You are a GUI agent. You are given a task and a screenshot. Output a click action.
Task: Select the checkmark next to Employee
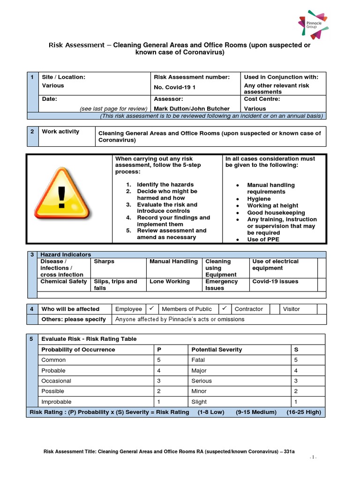[151, 308]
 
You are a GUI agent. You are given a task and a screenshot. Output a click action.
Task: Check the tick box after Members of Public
[224, 308]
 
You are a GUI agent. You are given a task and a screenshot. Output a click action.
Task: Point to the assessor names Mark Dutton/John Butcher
[192, 109]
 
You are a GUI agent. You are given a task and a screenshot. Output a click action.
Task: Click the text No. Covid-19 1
[175, 87]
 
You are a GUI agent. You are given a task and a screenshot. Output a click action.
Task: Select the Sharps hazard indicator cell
[104, 262]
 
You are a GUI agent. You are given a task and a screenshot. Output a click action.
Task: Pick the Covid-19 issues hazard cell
[275, 282]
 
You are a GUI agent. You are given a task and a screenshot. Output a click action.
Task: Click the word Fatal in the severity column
[198, 360]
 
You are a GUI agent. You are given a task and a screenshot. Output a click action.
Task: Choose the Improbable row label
[57, 402]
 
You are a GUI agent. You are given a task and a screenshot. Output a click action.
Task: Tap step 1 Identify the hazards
[165, 185]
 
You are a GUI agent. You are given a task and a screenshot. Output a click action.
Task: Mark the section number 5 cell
[32, 339]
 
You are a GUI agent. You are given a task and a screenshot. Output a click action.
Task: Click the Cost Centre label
[262, 99]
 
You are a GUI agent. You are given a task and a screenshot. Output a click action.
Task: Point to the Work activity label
[60, 132]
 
